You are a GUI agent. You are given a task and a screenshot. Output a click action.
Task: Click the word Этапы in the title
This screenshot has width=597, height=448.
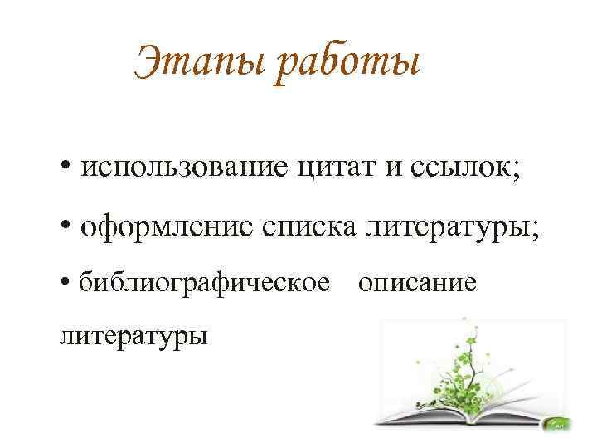200,62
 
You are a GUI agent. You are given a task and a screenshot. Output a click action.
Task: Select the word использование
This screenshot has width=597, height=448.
184,167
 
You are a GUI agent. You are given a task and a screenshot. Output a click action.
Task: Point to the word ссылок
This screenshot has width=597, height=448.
460,168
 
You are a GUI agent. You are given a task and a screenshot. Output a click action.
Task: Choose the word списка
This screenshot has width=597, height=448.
309,226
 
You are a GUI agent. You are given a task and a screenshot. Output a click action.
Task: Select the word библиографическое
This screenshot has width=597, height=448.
204,283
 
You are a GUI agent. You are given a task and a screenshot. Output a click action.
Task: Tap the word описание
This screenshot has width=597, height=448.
417,283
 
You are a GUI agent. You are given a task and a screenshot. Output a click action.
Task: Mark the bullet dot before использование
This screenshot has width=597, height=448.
66,167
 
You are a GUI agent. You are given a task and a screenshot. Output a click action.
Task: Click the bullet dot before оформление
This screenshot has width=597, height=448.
66,225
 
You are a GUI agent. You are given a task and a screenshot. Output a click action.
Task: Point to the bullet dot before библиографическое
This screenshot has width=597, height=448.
66,282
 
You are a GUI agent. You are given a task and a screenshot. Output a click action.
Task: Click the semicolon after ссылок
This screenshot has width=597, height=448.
516,171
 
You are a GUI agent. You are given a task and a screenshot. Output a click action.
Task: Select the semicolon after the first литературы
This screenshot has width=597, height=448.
535,230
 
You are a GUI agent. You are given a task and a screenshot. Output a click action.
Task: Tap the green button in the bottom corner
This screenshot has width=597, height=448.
559,424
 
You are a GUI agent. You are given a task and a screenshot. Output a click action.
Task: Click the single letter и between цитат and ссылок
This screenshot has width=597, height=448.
393,168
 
